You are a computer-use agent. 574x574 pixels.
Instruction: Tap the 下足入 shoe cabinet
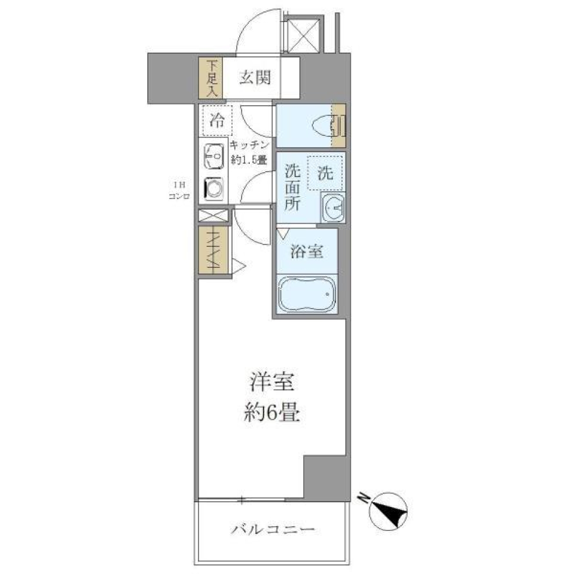pyautogui.click(x=210, y=78)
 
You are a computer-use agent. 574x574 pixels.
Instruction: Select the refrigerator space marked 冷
pyautogui.click(x=216, y=122)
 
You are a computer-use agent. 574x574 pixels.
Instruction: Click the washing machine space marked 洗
pyautogui.click(x=325, y=173)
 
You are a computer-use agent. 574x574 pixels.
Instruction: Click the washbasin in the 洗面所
pyautogui.click(x=332, y=208)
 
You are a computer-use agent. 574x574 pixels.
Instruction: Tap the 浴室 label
pyautogui.click(x=307, y=252)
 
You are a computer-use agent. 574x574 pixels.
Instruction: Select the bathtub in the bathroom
pyautogui.click(x=307, y=294)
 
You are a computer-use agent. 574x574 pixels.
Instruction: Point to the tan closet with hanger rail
pyautogui.click(x=213, y=252)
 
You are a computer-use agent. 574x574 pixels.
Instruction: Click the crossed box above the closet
pyautogui.click(x=213, y=216)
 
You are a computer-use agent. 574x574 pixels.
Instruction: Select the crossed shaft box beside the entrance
pyautogui.click(x=303, y=33)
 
